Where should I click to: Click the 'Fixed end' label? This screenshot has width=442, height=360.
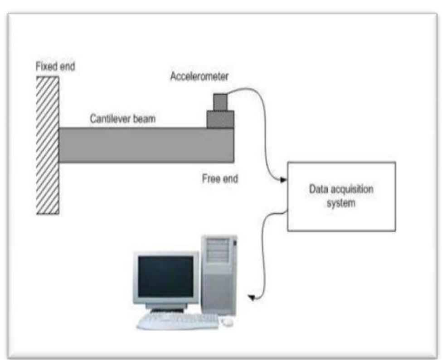pyautogui.click(x=55, y=67)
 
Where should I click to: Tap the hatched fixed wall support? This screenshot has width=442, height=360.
pyautogui.click(x=47, y=145)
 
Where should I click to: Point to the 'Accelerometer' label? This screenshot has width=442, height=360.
pyautogui.click(x=199, y=76)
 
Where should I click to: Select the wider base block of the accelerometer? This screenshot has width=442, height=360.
pyautogui.click(x=221, y=119)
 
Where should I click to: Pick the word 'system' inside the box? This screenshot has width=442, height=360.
pyautogui.click(x=341, y=203)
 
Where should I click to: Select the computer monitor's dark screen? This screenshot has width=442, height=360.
pyautogui.click(x=165, y=276)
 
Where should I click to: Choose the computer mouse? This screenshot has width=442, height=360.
pyautogui.click(x=227, y=322)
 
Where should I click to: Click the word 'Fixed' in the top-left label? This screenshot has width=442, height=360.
pyautogui.click(x=45, y=67)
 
